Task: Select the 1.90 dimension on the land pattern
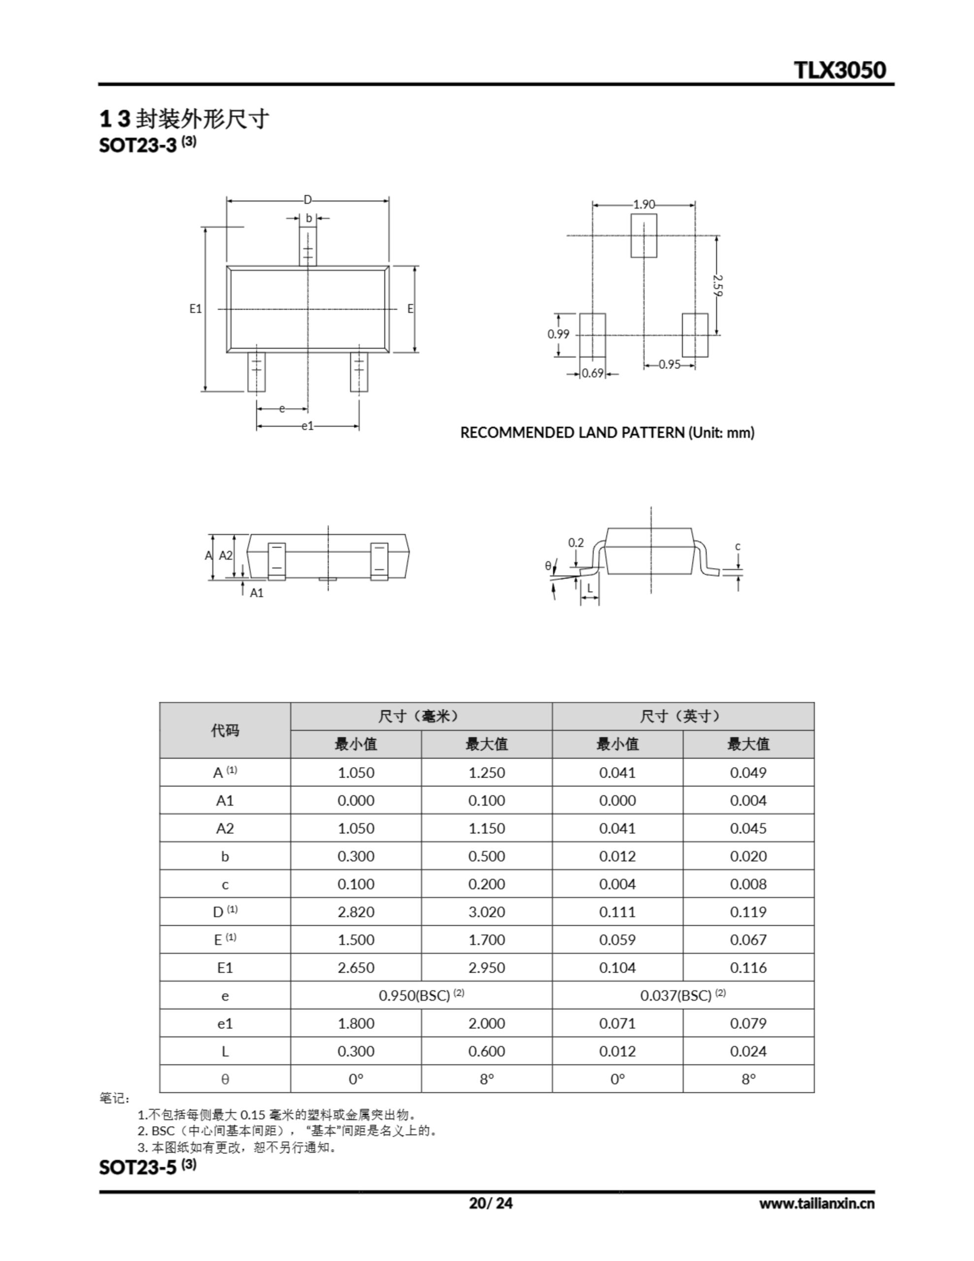point(644,204)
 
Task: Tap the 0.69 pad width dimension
point(592,373)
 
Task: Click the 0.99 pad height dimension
point(558,334)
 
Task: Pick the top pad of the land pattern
point(643,235)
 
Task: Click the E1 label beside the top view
point(195,309)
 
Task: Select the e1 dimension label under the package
point(308,426)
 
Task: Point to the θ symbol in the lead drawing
point(548,566)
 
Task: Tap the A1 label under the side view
point(257,593)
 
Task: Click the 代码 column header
point(225,730)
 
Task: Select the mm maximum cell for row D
point(486,912)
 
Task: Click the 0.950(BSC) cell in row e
point(421,996)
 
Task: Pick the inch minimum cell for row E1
point(617,968)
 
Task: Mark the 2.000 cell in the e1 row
point(486,1024)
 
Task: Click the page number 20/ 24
point(490,1203)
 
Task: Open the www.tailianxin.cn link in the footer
point(816,1203)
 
